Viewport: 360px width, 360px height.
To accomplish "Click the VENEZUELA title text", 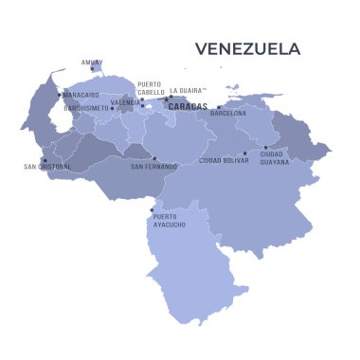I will coord(247,48).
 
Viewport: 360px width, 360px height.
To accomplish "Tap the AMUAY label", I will coord(90,62).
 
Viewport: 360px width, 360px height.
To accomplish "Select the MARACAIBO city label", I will coord(81,95).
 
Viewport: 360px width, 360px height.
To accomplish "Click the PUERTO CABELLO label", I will coord(149,87).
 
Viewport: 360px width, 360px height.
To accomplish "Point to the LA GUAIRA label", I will coord(187,91).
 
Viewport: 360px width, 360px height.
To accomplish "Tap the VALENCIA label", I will coord(125,102).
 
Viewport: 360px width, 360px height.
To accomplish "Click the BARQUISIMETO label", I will coord(85,108).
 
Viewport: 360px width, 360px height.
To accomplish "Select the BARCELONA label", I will coord(227,113).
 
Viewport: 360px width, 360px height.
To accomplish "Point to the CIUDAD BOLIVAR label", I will coord(224,161).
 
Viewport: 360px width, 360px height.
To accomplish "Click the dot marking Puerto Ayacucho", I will coord(152,210).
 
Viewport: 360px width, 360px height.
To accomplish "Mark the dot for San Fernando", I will coord(154,158).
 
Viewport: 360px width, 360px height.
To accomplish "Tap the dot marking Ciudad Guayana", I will coord(265,147).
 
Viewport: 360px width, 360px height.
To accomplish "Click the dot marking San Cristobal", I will coord(44,159).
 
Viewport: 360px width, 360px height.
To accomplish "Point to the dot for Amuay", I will coord(92,68).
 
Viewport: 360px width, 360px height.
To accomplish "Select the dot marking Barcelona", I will coord(219,107).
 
